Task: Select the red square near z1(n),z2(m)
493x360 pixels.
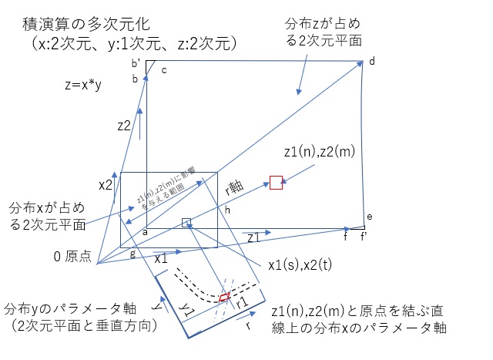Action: point(277,183)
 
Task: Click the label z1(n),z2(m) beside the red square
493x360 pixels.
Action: point(319,153)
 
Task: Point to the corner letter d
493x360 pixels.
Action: point(371,62)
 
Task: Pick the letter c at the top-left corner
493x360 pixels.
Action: point(164,71)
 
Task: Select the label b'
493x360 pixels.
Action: point(136,63)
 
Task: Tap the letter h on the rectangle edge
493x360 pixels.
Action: point(227,209)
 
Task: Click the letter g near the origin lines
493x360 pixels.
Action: point(132,254)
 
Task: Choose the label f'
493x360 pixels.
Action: point(364,237)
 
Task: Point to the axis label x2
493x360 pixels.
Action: point(106,185)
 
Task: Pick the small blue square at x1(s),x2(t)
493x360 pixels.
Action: point(186,223)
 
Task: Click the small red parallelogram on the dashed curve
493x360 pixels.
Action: point(223,297)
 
